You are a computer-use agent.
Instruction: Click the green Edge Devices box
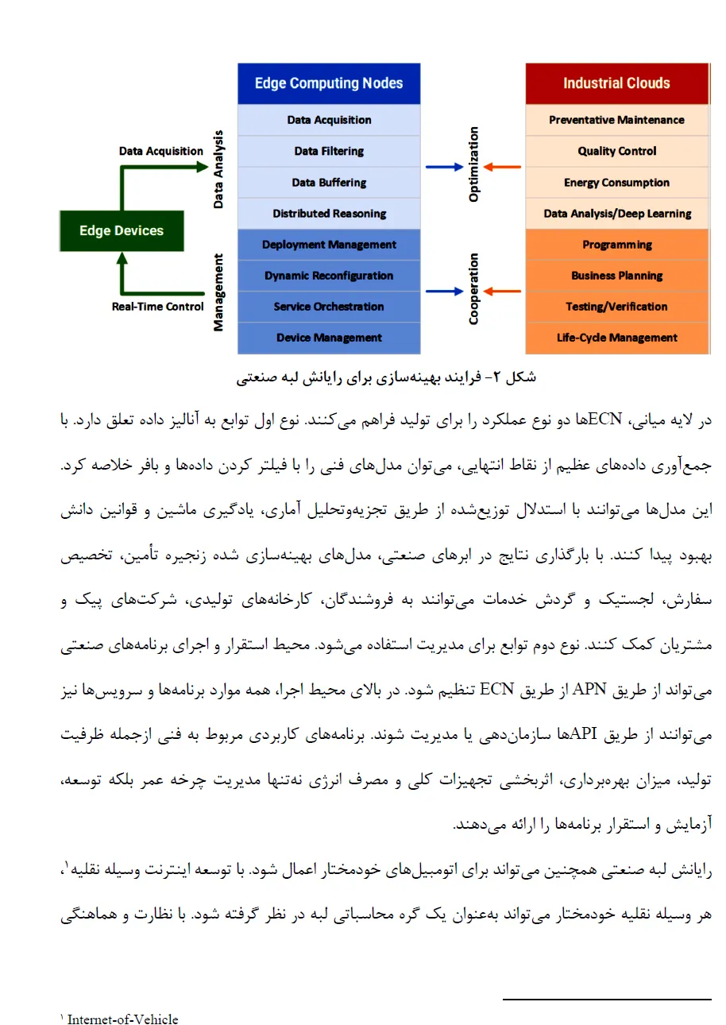point(122,231)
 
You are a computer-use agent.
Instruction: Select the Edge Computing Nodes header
point(329,83)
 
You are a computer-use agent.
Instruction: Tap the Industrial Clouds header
point(616,83)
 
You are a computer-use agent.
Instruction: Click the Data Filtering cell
point(329,151)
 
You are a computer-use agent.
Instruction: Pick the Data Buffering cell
point(329,183)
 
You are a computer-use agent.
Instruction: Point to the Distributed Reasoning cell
point(329,214)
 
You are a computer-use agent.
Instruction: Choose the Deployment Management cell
point(329,245)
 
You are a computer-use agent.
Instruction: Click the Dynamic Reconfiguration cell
point(329,276)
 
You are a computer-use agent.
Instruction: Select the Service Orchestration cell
point(329,307)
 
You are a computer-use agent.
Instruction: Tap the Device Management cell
point(329,338)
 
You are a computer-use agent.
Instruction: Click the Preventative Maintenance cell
point(616,120)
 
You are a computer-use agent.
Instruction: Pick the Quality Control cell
point(616,151)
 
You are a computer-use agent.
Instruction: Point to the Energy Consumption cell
point(616,183)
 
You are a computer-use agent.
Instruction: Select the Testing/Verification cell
point(616,307)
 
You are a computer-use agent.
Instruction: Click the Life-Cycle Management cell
point(616,338)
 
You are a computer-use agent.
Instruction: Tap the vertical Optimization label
point(474,164)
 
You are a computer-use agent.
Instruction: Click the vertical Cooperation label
point(474,289)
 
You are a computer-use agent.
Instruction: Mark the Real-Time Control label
point(157,307)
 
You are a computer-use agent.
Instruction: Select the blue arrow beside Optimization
point(444,167)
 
